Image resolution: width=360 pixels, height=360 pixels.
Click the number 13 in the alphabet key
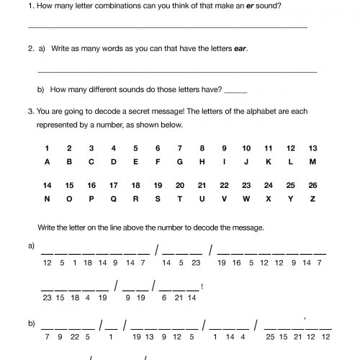pyautogui.click(x=312, y=148)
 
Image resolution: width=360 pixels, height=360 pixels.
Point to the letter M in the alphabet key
pyautogui.click(x=312, y=162)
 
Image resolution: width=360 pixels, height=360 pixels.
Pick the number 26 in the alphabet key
pyautogui.click(x=312, y=184)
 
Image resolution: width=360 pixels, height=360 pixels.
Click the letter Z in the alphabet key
pyautogui.click(x=312, y=198)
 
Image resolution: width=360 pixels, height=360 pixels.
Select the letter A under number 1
pyautogui.click(x=47, y=162)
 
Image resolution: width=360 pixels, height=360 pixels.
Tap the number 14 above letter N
pyautogui.click(x=47, y=184)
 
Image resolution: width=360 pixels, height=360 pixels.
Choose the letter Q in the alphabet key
pyautogui.click(x=113, y=198)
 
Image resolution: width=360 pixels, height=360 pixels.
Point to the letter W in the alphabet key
pyautogui.click(x=246, y=198)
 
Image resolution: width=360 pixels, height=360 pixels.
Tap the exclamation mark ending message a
pyautogui.click(x=204, y=287)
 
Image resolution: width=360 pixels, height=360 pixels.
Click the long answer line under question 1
pyautogui.click(x=166, y=27)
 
